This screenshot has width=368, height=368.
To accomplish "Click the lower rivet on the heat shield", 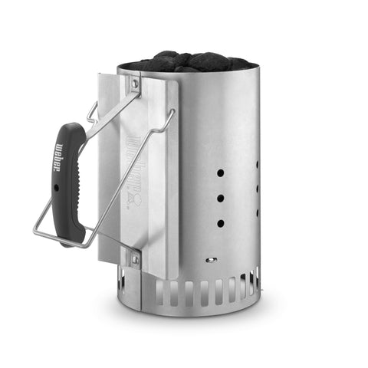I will pyautogui.click(x=136, y=258).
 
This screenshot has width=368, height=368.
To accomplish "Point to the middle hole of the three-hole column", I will pyautogui.click(x=221, y=198).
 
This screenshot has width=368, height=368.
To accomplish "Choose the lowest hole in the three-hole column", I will pyautogui.click(x=221, y=223).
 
